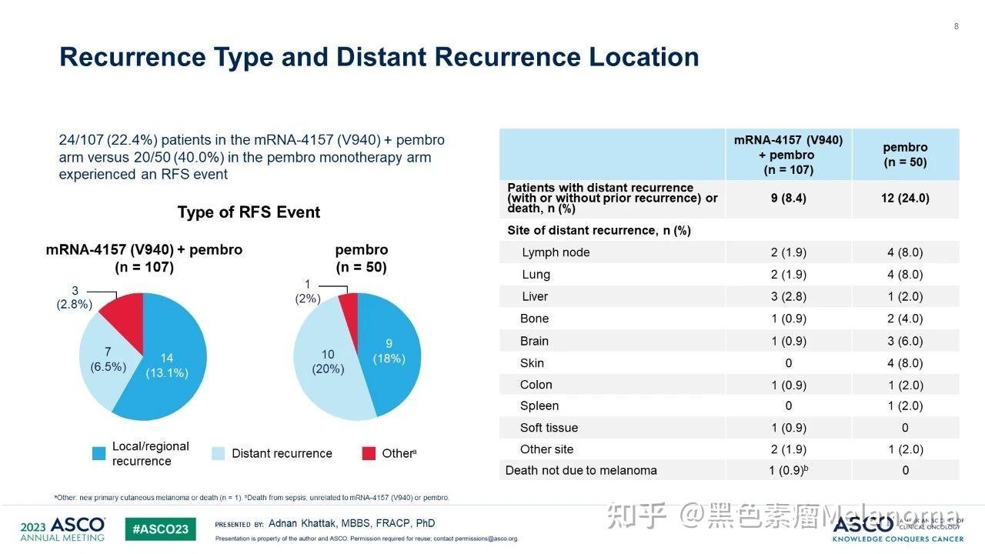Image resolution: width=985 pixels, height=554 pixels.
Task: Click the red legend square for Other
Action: (x=369, y=453)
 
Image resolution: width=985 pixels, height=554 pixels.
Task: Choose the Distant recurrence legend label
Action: (x=282, y=453)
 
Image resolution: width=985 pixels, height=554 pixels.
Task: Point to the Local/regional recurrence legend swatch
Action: (x=98, y=453)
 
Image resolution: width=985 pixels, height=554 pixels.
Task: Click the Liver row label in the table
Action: (x=535, y=296)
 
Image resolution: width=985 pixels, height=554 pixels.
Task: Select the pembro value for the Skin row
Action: (x=905, y=363)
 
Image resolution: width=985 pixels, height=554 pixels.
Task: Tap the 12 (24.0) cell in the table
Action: (x=905, y=198)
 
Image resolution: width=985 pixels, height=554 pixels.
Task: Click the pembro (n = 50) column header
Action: (x=905, y=155)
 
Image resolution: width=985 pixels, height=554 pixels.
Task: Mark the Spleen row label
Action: (x=539, y=405)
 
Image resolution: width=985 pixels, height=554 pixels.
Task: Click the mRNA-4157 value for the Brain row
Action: (x=788, y=341)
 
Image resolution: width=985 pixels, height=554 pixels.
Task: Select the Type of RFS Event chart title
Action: (x=249, y=212)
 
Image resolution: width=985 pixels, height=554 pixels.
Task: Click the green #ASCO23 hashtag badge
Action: (x=161, y=529)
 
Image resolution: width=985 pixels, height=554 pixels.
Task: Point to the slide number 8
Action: (x=957, y=27)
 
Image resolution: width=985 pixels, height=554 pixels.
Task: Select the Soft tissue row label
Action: (x=549, y=428)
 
